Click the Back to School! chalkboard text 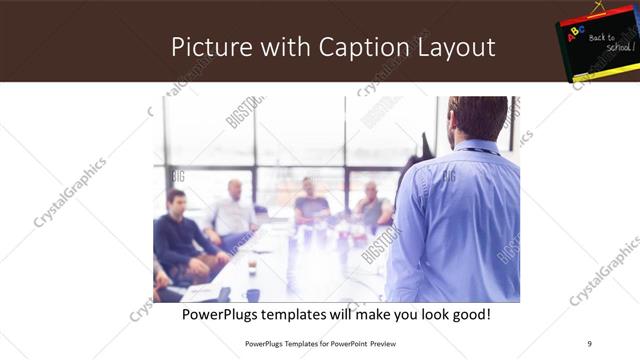[x=606, y=42]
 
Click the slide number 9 [x=590, y=344]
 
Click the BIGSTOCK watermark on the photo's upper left [x=244, y=111]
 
